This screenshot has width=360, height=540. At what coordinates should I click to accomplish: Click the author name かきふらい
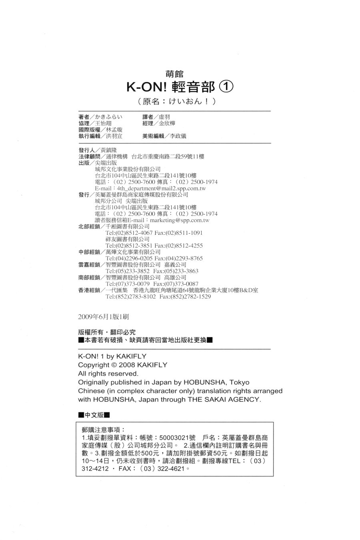point(108,117)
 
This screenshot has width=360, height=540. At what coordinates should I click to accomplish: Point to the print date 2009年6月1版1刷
point(104,316)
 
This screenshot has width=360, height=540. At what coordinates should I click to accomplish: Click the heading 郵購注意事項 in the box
point(103,430)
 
